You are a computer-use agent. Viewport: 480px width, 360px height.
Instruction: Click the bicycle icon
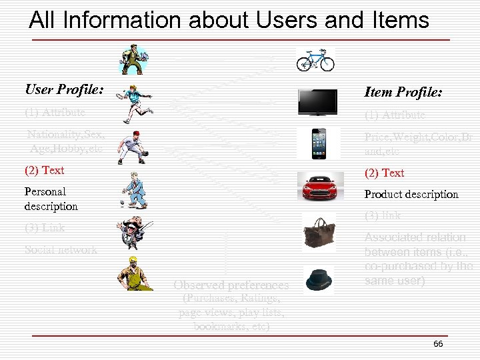pyautogui.click(x=315, y=60)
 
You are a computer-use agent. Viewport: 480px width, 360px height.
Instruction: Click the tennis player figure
pyautogui.click(x=136, y=103)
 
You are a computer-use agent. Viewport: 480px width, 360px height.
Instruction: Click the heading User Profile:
pyautogui.click(x=64, y=89)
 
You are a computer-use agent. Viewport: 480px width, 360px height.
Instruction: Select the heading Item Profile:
pyautogui.click(x=403, y=92)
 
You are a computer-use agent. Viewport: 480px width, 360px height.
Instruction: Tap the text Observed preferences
pyautogui.click(x=231, y=285)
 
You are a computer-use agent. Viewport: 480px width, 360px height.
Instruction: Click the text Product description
pyautogui.click(x=411, y=194)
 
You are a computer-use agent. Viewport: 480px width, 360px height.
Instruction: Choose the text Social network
pyautogui.click(x=61, y=250)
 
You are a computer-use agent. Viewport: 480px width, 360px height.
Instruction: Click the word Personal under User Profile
pyautogui.click(x=45, y=191)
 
